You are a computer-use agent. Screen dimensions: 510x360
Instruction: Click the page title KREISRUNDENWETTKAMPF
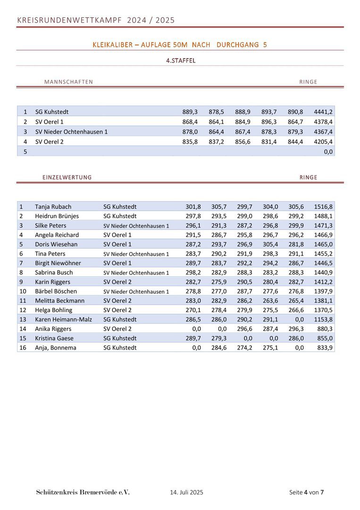69,20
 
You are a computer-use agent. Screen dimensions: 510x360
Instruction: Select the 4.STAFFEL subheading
181,61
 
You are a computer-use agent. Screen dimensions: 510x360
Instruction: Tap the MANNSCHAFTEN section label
68,82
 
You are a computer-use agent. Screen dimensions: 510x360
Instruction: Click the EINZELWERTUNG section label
67,178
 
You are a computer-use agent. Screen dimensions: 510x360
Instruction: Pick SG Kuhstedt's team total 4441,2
323,112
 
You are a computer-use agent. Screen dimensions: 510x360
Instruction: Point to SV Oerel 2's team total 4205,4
323,142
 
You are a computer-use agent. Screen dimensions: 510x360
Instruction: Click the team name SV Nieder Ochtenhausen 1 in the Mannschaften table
71,132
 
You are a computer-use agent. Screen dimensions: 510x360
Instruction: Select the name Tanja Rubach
53,207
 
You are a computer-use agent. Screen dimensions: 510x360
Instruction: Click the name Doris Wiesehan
56,244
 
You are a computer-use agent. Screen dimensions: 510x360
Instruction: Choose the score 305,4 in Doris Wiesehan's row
270,244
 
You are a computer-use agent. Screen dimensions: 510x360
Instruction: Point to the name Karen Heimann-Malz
63,320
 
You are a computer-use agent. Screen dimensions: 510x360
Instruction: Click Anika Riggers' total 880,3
325,329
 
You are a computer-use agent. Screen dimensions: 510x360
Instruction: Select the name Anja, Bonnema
55,348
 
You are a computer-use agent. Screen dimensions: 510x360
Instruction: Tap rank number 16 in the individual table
22,348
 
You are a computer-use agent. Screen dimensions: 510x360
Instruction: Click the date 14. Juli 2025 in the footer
186,493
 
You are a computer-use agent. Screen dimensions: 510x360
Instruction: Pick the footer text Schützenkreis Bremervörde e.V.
83,493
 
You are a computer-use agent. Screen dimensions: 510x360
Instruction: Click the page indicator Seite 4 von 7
306,493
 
